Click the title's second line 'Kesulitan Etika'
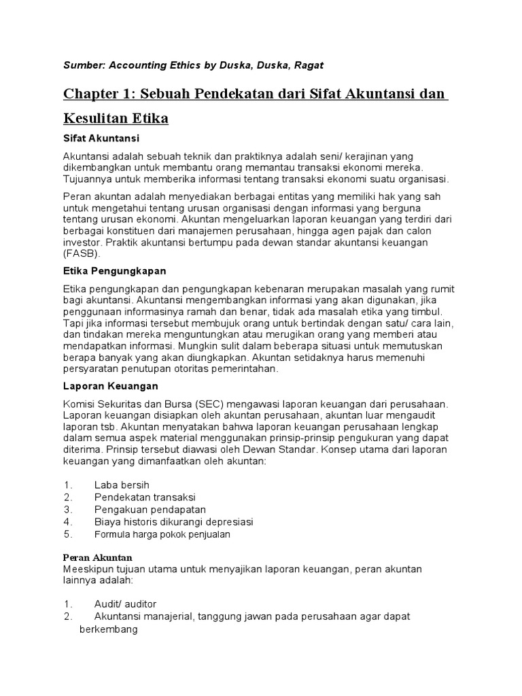[116, 119]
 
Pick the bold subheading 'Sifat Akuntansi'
[101, 139]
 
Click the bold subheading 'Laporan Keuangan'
[110, 386]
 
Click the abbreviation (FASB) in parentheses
[82, 254]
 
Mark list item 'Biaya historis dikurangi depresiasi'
[173, 521]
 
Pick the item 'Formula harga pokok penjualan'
[162, 534]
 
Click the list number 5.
[67, 534]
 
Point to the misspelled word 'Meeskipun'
[88, 568]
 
